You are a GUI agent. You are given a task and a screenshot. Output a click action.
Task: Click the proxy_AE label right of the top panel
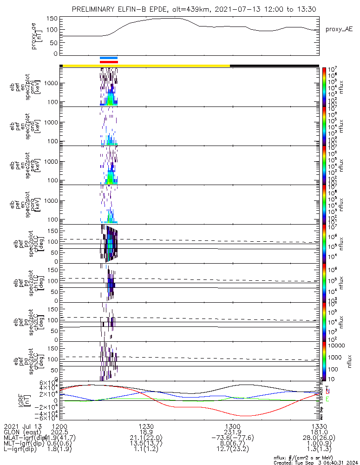(x=339, y=29)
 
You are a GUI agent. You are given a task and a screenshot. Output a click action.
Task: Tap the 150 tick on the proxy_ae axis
(x=52, y=19)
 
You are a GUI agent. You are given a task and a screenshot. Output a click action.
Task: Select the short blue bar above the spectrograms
(x=109, y=58)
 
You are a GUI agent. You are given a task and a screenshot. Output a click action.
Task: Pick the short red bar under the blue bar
(x=109, y=61)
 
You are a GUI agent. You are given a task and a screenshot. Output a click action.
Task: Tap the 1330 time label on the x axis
(x=318, y=426)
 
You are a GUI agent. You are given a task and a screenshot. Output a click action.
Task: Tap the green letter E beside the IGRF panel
(x=327, y=399)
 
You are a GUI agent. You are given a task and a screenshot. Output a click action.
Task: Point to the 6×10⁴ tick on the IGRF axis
(x=48, y=383)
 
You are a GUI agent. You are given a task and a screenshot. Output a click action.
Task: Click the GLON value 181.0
(x=318, y=432)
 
